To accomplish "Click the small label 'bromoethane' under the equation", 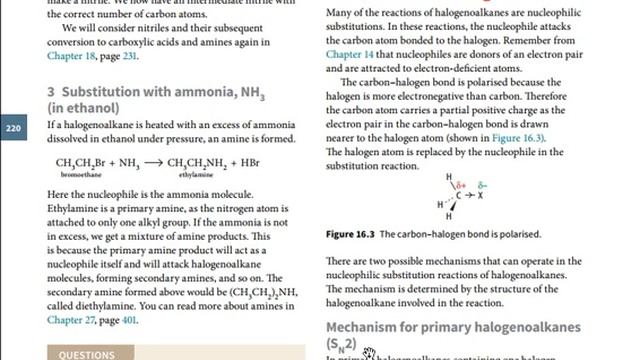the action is click(77, 172).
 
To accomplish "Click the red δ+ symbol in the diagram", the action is click(463, 186).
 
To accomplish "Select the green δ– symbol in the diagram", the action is click(483, 186).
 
